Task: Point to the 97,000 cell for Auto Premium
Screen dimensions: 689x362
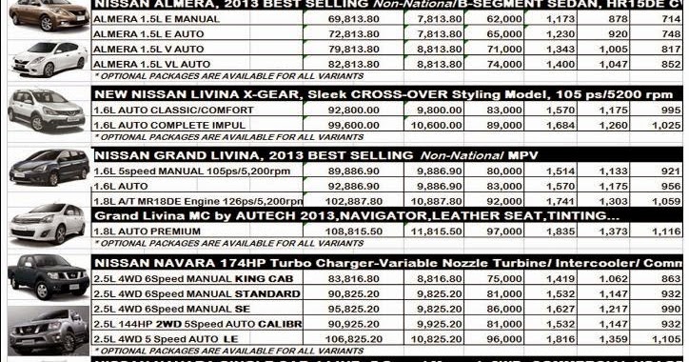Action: point(480,232)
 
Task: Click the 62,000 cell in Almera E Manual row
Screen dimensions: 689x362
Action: point(480,18)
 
